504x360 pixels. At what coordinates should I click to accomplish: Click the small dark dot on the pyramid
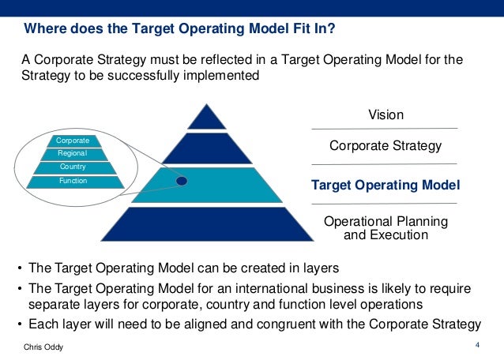(181, 181)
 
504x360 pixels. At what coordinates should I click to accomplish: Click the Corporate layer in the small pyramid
(73, 141)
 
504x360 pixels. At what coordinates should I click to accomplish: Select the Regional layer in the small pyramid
(73, 153)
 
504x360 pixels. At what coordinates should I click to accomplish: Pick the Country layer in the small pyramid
(73, 167)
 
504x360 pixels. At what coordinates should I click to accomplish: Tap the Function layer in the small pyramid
(73, 182)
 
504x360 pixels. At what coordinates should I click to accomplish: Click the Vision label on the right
(386, 115)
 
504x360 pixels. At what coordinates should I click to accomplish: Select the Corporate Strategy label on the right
(385, 145)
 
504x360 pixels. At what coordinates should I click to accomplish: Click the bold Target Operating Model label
(386, 185)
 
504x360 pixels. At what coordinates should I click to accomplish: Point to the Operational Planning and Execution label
(386, 227)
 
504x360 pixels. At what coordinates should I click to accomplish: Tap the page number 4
(477, 344)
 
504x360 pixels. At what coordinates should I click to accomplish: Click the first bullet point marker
(19, 268)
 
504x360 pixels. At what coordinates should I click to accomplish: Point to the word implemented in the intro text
(219, 77)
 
